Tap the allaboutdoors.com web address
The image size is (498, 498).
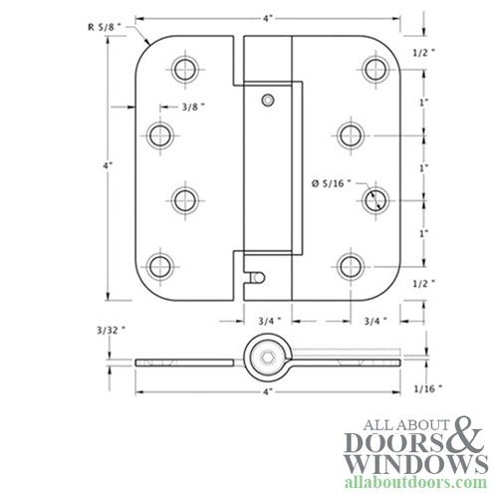tap(408, 486)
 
